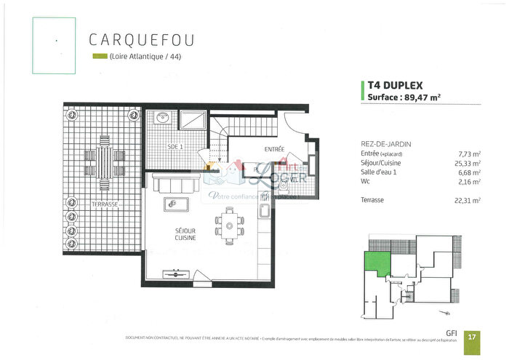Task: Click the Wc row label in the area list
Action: click(365, 181)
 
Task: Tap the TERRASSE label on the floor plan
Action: click(105, 205)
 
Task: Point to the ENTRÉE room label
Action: click(274, 149)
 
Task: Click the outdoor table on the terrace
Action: click(103, 164)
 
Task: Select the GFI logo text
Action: click(452, 333)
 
